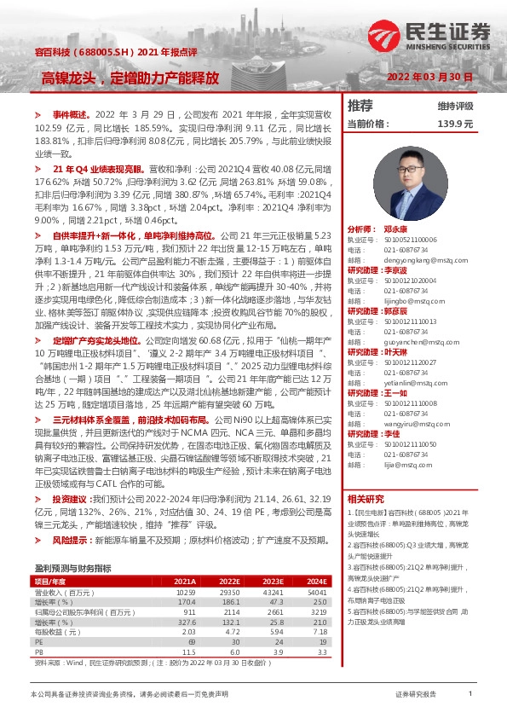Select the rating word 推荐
pyautogui.click(x=360, y=106)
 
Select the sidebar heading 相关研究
pyautogui.click(x=366, y=499)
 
